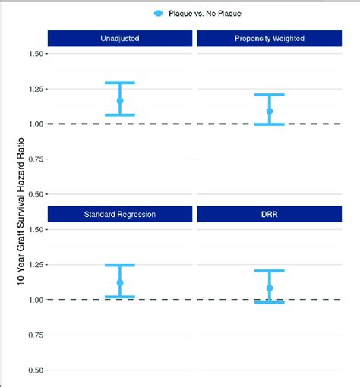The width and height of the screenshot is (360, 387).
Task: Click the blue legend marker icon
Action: pos(158,13)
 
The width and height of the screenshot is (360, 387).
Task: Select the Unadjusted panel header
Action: pos(119,38)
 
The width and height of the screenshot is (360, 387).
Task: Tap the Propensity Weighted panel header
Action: pos(270,38)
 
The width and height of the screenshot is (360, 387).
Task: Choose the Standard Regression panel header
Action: pos(119,214)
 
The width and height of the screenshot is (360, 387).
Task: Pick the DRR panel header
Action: pos(270,214)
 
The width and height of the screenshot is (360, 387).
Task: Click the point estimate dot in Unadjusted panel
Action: pos(120,100)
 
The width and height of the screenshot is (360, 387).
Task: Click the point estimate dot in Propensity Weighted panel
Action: pos(270,111)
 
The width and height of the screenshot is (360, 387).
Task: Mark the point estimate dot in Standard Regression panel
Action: pos(120,282)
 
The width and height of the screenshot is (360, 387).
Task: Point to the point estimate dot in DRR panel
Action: pos(270,288)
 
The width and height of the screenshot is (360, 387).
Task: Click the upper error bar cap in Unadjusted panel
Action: pos(120,83)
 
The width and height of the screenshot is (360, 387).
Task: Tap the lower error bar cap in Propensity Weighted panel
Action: pos(270,124)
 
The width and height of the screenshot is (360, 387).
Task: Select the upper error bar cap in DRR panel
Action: pos(270,271)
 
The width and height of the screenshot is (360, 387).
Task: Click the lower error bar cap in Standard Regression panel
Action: pos(120,296)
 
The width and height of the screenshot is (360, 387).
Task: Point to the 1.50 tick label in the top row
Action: pos(34,54)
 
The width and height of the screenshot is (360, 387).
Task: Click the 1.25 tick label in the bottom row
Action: pos(34,265)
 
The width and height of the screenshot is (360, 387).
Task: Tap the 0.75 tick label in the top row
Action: pos(34,159)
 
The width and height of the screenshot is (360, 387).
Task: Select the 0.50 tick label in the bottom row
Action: pos(34,370)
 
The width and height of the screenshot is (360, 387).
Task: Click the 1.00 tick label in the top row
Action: pos(34,124)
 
